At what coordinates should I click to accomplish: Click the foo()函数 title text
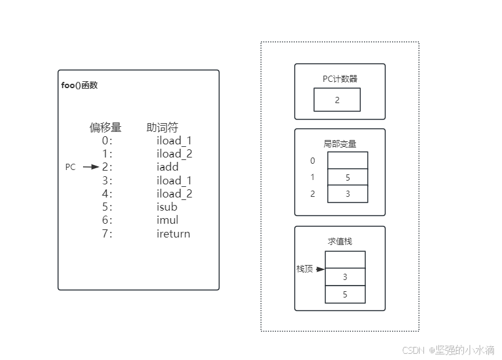tap(80, 85)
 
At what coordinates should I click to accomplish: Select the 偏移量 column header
tap(105, 128)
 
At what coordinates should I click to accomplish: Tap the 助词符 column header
tap(162, 128)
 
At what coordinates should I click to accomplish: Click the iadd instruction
tap(167, 167)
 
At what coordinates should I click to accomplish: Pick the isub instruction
tap(167, 207)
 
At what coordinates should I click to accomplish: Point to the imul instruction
tap(167, 220)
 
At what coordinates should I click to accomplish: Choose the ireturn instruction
tap(173, 234)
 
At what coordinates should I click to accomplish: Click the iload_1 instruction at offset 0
tap(174, 141)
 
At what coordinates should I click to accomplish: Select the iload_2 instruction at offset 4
tap(174, 194)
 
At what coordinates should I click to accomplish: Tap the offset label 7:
tap(107, 234)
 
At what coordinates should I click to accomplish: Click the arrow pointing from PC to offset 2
tap(91, 167)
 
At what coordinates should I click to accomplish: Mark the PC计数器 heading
tap(340, 79)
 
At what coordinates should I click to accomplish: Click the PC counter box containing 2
tap(337, 99)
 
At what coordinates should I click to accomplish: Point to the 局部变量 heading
tap(340, 144)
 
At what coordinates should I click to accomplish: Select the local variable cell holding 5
tap(347, 177)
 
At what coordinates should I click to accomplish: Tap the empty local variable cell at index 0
tap(347, 161)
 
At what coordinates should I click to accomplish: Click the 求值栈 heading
tap(340, 241)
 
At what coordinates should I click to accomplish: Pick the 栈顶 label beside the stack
tap(305, 269)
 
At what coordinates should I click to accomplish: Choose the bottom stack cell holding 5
tap(345, 294)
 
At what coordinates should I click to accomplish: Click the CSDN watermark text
tap(413, 350)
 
